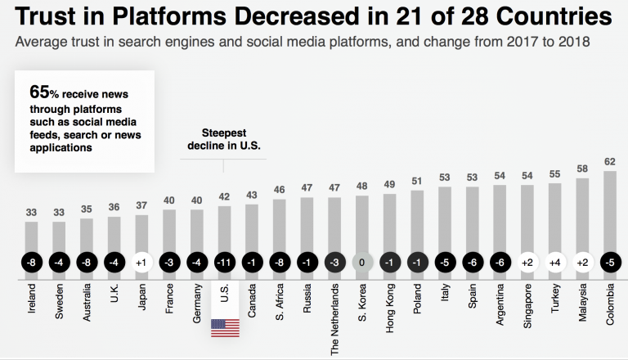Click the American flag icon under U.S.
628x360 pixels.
[224, 326]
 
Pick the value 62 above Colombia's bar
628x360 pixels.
[609, 161]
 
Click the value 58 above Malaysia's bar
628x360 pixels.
[582, 169]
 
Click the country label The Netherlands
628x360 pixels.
[334, 312]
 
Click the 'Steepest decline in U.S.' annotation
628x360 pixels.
[224, 140]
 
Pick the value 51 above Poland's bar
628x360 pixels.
[417, 181]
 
